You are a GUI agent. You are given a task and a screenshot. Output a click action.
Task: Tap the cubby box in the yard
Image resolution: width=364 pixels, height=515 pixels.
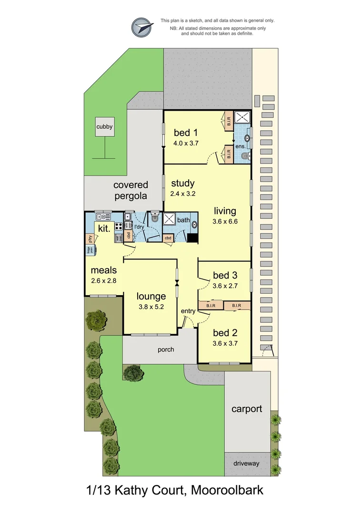[x=104, y=127]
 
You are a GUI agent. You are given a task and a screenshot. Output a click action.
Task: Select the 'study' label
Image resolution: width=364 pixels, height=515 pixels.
[x=182, y=183]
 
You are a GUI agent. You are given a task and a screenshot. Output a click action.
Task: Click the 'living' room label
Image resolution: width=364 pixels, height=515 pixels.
[x=225, y=211]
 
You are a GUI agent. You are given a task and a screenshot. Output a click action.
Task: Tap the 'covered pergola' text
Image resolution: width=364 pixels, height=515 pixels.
[x=130, y=190]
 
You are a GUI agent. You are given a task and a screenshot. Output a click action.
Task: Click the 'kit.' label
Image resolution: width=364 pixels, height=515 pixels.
[x=104, y=228]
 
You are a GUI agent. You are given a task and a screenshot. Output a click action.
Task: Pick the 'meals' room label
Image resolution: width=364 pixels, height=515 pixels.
[x=103, y=270]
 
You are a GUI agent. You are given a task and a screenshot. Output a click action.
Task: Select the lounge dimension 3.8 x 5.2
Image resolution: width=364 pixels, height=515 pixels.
[x=151, y=307]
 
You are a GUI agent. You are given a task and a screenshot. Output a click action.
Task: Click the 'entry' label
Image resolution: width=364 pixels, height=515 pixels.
[x=188, y=311]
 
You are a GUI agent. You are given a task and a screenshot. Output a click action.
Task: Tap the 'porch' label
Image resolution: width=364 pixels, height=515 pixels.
[x=166, y=350]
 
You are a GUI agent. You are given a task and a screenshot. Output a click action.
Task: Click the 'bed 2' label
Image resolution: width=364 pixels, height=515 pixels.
[x=225, y=332]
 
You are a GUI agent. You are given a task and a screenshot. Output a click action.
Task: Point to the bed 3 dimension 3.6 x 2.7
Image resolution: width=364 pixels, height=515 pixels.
[x=225, y=286]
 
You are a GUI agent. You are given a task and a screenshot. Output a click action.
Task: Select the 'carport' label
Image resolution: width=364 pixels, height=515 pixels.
[x=246, y=409]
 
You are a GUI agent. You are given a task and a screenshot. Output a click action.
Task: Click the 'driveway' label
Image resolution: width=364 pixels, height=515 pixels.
[x=246, y=463]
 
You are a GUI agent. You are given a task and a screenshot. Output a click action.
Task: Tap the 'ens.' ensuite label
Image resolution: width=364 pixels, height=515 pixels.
[x=241, y=146]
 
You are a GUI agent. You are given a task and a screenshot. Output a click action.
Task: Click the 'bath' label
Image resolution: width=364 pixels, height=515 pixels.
[x=183, y=220]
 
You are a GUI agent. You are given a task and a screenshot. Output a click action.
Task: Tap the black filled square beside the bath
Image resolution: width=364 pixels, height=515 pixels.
[x=192, y=238]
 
